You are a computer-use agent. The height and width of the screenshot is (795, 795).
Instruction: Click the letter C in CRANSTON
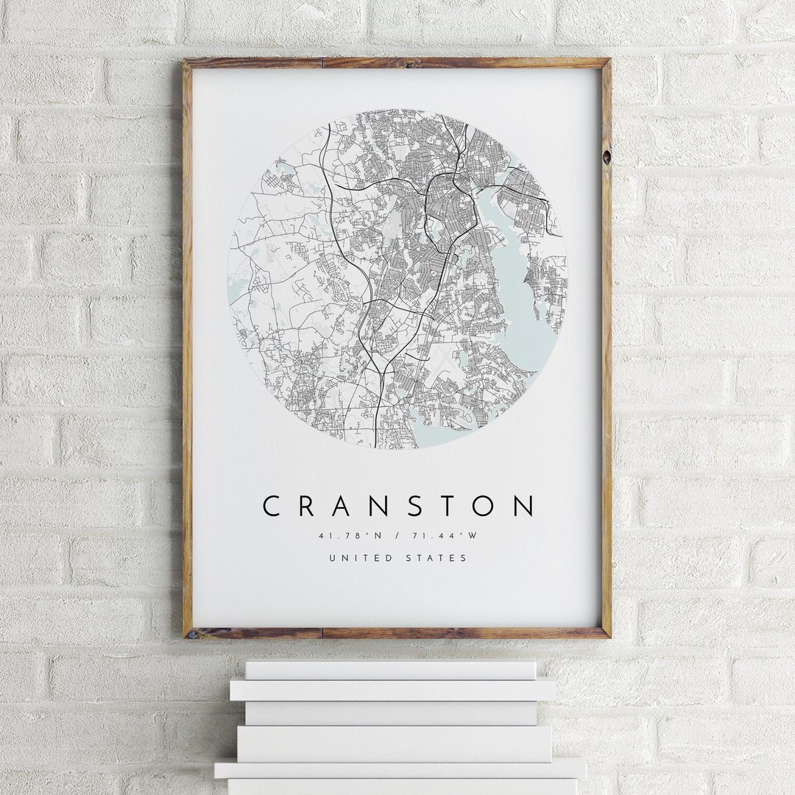click(272, 506)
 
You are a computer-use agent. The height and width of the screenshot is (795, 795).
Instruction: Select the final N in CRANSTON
click(523, 506)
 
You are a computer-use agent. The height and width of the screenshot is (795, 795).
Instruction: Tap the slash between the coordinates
click(397, 536)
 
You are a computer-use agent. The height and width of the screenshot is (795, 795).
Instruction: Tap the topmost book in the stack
click(390, 670)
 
